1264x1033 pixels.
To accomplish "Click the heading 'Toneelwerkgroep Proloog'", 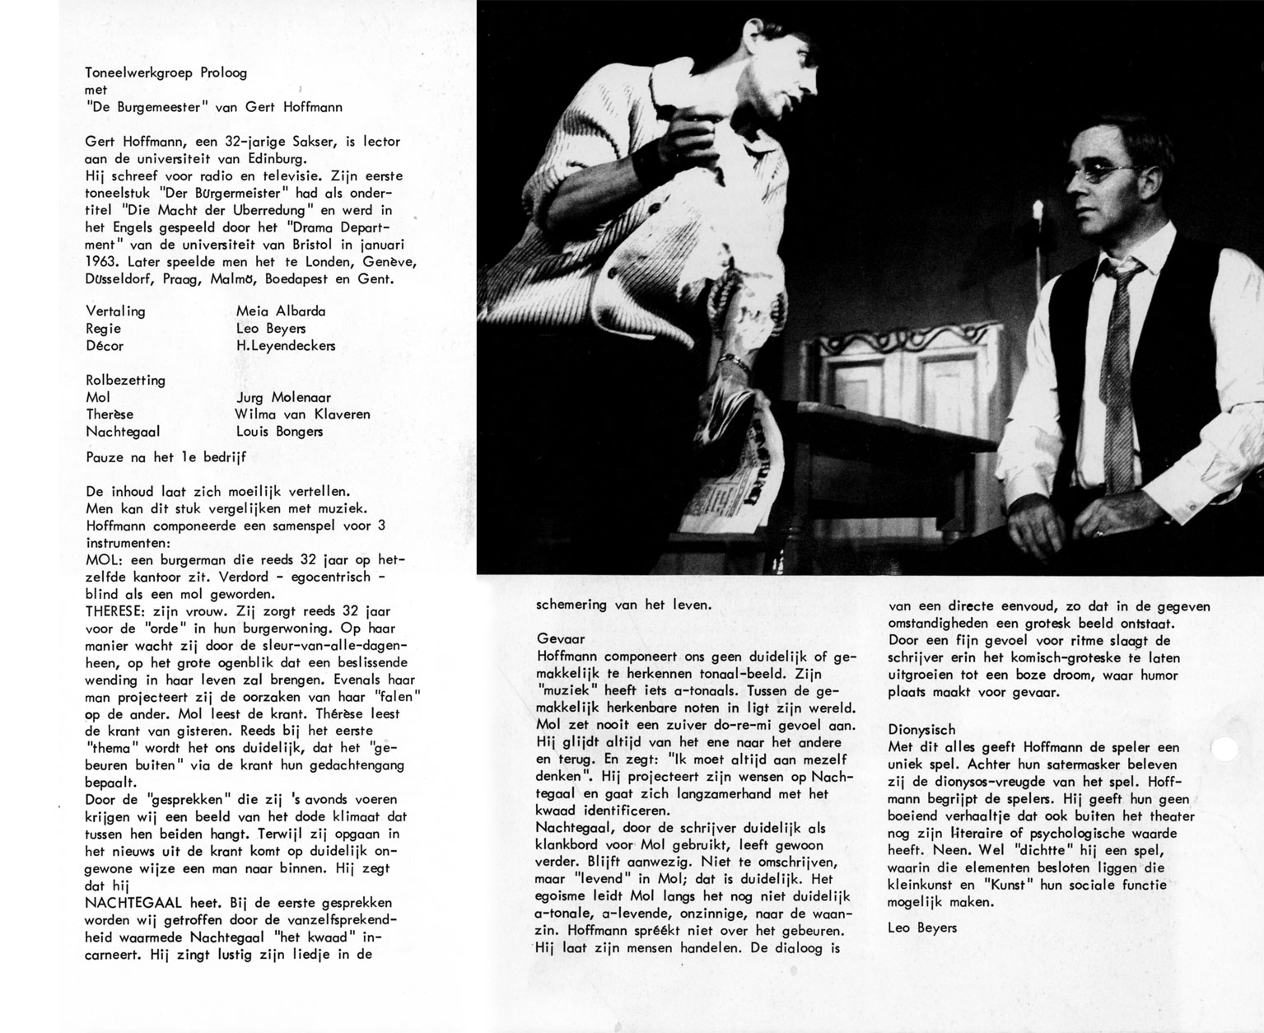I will pyautogui.click(x=166, y=72).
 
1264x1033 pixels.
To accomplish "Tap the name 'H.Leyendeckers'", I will pyautogui.click(x=286, y=346).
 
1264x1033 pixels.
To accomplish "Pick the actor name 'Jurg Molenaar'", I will pyautogui.click(x=283, y=397).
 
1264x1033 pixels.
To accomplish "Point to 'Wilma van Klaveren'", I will pyautogui.click(x=302, y=414).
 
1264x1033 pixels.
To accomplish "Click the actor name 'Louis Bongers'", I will pyautogui.click(x=278, y=432).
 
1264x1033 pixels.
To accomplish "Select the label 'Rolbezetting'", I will pyautogui.click(x=125, y=381).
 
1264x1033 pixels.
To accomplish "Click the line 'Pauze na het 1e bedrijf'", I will pyautogui.click(x=166, y=457).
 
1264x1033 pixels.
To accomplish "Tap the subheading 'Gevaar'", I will pyautogui.click(x=560, y=638).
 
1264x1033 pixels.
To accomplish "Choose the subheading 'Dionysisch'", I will pyautogui.click(x=921, y=729).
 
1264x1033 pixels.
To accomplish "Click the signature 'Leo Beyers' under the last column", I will pyautogui.click(x=922, y=928).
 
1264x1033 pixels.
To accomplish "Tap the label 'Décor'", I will pyautogui.click(x=105, y=346).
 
